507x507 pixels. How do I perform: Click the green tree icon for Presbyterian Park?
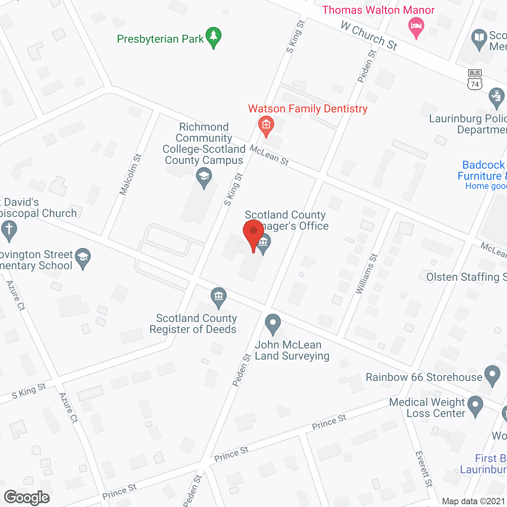tap(213, 36)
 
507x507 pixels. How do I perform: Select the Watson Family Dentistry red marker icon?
tap(266, 125)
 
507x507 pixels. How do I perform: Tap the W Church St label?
tap(369, 36)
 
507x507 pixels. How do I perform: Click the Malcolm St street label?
tap(131, 175)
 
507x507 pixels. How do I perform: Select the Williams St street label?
tap(367, 274)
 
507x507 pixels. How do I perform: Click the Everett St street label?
tap(424, 469)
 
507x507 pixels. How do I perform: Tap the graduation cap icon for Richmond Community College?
tap(204, 177)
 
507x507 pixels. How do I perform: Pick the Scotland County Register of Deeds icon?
tap(218, 296)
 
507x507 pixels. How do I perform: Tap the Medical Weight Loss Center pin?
tap(475, 405)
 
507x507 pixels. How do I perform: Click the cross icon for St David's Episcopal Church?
tap(9, 229)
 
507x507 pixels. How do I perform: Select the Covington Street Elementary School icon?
tap(83, 257)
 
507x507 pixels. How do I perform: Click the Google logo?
tap(27, 497)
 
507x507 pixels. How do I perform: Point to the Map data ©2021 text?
tap(473, 501)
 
